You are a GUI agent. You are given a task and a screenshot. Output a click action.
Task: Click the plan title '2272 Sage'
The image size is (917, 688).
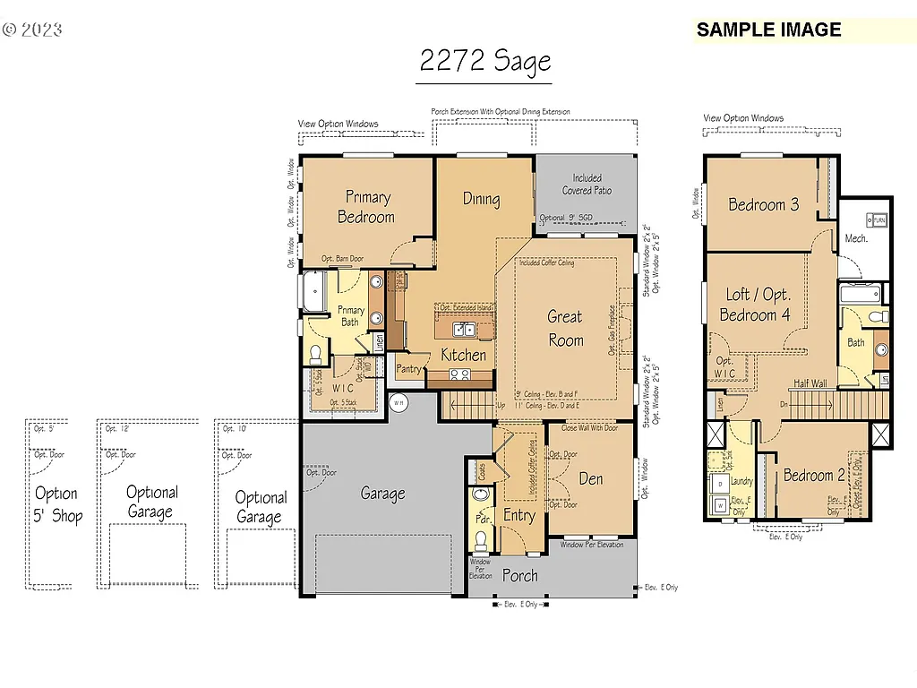484,61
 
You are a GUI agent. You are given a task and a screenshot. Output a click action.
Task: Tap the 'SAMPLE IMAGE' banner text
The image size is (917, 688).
768,30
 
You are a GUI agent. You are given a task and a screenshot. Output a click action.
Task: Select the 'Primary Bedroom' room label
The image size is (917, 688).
366,207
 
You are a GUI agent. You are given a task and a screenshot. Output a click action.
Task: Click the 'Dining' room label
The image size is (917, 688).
481,199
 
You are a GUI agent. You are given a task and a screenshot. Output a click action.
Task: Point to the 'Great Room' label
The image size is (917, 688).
565,328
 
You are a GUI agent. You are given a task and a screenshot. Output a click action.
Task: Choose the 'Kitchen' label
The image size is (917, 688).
463,355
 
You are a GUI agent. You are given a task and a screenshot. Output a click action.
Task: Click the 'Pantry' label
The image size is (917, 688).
408,368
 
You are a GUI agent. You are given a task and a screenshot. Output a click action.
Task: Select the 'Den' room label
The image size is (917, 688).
590,478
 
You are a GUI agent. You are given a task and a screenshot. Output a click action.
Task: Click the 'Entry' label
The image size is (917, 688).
518,515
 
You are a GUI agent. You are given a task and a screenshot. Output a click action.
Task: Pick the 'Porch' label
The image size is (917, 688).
519,575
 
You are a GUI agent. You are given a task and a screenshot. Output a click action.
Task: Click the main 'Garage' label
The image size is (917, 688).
382,493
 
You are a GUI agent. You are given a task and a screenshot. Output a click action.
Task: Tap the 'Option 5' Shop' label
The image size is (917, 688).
56,504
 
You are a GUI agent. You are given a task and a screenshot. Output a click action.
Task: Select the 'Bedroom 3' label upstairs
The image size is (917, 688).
763,204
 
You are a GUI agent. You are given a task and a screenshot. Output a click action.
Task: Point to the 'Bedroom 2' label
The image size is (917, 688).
814,476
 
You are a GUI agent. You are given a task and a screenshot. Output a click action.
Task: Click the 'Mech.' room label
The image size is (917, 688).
855,238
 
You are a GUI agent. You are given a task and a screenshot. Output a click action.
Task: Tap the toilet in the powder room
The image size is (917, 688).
481,538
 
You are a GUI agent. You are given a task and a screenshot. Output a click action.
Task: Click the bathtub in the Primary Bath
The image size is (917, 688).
314,293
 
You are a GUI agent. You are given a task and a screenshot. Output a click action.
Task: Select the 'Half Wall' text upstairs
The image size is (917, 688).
810,383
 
